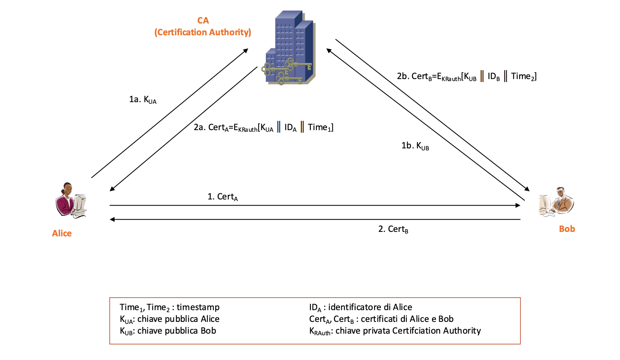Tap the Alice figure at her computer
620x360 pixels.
coord(71,200)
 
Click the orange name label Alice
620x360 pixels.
coord(62,234)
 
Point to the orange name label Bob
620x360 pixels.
coord(567,229)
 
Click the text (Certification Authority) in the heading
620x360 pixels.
coord(203,32)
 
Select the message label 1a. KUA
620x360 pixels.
coord(143,100)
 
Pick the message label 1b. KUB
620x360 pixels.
coord(415,146)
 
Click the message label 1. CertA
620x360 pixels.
coord(222,197)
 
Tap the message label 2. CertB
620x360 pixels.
coord(393,229)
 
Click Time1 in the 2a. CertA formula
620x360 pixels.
coord(320,128)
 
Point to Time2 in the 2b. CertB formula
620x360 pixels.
coord(523,77)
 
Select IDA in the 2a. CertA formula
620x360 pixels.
coord(290,128)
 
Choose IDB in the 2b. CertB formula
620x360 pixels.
coord(493,77)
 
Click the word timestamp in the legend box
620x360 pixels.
coord(198,307)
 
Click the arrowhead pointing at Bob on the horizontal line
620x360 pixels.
coord(518,206)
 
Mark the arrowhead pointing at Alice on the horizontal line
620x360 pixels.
coord(112,219)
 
